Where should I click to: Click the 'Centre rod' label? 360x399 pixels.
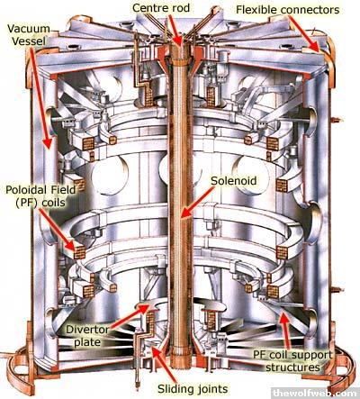(x=161, y=8)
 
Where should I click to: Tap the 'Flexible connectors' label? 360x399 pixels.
(x=288, y=10)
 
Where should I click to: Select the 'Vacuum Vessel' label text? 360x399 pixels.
(x=29, y=35)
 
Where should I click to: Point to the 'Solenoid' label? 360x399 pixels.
(x=234, y=181)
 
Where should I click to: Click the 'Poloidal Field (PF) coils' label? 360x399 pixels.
(x=40, y=196)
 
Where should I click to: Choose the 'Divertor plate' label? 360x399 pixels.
(x=87, y=336)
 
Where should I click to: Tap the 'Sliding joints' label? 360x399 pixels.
(x=193, y=389)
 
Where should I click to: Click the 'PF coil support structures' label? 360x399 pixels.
(x=292, y=361)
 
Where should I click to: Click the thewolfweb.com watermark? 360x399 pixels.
(x=315, y=393)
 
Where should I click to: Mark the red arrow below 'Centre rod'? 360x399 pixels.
(x=175, y=30)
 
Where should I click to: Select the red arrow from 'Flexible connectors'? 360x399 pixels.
(x=304, y=34)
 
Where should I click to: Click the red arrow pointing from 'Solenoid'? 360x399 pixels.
(x=198, y=202)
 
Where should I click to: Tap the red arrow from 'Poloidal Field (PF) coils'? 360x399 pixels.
(x=57, y=230)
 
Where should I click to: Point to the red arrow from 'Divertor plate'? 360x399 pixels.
(x=129, y=317)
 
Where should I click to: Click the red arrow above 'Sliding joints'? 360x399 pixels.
(x=164, y=364)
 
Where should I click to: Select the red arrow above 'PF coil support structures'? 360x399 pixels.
(x=285, y=331)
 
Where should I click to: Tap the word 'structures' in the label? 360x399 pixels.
(x=292, y=367)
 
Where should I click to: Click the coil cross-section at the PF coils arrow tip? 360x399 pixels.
(x=79, y=253)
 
